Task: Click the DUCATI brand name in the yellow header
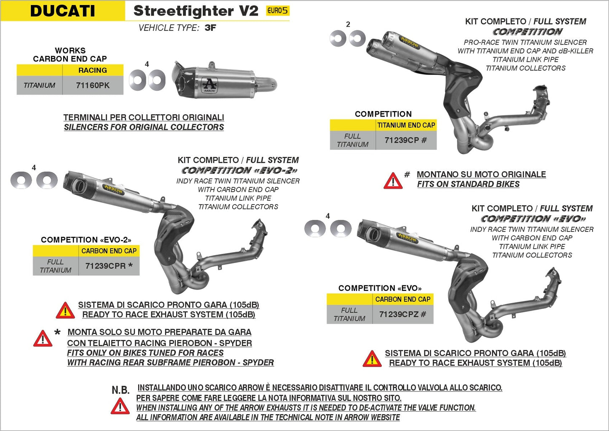62,11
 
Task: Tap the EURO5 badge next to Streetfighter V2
277,11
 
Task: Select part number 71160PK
93,85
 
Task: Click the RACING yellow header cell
93,70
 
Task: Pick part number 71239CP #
405,140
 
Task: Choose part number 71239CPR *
109,266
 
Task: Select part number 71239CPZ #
402,314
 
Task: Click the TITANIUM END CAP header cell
406,125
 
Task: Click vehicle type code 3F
210,28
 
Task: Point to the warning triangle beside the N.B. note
120,407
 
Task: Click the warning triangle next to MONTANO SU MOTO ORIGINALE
393,181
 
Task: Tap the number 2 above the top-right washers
348,24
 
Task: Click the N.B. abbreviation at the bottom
121,390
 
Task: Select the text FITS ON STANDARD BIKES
468,184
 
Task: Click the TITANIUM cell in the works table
39,85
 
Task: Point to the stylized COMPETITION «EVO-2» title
239,170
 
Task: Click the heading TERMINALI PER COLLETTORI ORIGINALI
144,117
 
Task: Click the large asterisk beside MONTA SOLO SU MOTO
58,333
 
